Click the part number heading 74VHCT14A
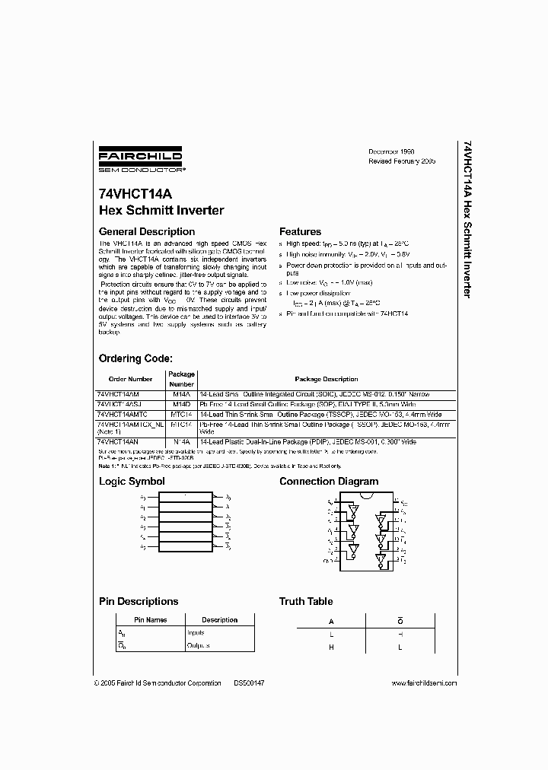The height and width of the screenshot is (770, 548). (132, 195)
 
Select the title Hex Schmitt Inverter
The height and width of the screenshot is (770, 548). (161, 210)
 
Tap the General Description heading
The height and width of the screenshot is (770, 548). (148, 231)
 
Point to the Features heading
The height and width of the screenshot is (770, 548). (300, 231)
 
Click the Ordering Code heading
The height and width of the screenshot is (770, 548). (135, 358)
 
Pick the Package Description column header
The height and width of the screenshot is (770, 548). (326, 379)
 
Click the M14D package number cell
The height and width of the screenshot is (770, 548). (181, 404)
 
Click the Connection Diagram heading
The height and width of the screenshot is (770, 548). (328, 482)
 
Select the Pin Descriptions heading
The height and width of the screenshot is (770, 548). (139, 601)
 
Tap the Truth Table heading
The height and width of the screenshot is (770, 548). (306, 601)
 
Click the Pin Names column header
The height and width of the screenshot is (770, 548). (151, 620)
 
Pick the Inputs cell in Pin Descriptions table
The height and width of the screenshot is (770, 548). (196, 632)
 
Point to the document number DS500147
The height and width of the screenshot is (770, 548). (249, 683)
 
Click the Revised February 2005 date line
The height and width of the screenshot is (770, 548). (401, 162)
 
